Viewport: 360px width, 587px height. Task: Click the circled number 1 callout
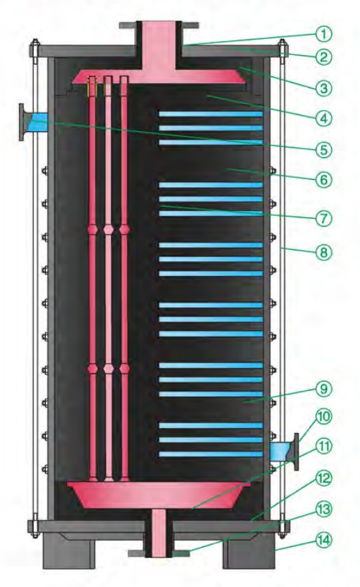point(324,34)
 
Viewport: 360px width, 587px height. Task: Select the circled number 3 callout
point(324,88)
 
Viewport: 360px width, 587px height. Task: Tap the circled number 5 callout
point(324,150)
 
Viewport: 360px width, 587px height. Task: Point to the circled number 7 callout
point(324,218)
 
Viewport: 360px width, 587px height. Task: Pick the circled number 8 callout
point(324,253)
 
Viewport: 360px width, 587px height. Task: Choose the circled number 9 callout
point(324,389)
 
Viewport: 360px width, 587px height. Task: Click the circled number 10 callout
point(324,417)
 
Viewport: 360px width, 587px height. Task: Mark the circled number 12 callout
point(324,478)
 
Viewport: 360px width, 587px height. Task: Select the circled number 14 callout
point(324,540)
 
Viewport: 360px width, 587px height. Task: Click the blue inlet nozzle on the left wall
point(34,122)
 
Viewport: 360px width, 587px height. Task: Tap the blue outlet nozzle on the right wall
point(284,452)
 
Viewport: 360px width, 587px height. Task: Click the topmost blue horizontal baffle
point(210,114)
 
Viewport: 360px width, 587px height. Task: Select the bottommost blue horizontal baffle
point(210,454)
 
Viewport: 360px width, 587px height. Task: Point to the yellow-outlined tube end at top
point(92,87)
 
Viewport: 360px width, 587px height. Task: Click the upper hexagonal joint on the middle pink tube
point(109,229)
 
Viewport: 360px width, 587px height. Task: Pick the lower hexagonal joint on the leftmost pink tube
point(92,369)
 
